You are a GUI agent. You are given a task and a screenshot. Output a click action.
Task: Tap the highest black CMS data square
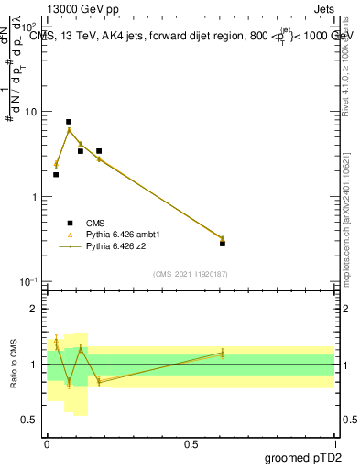69,122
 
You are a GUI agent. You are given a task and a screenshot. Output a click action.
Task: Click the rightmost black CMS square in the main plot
223,244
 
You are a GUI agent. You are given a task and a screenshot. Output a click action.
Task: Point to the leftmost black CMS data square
56,174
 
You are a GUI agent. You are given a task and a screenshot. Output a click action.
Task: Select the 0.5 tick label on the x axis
191,443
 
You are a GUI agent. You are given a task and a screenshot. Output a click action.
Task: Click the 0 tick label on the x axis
47,443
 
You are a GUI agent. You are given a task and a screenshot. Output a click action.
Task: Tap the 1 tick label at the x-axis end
334,443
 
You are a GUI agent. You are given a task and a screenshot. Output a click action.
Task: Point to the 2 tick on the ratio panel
36,309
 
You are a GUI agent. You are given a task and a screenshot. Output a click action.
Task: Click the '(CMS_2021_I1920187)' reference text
191,274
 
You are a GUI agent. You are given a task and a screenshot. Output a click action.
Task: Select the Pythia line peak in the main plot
69,130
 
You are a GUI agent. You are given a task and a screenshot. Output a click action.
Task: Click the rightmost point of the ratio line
223,353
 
